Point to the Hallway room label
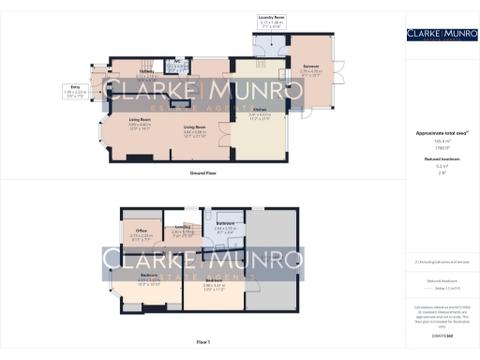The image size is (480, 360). (122, 71)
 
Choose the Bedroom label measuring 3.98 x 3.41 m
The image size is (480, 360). (215, 279)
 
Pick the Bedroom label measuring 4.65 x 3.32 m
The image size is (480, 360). (136, 275)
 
